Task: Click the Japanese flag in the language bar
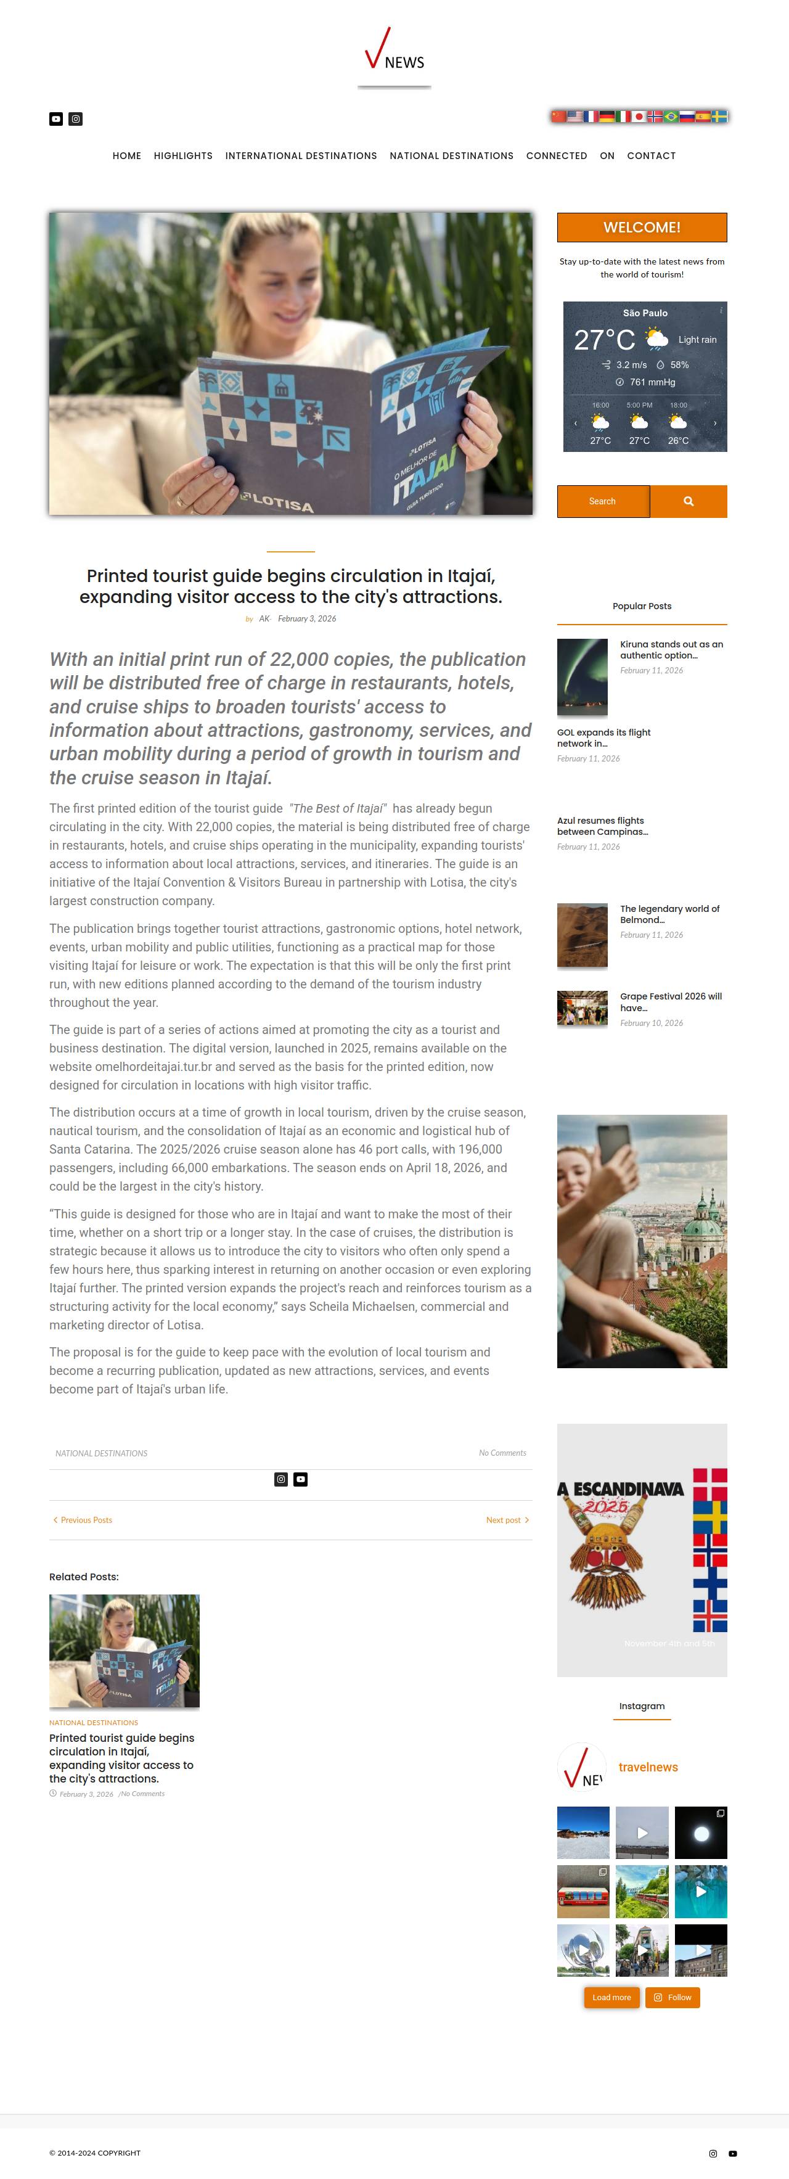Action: click(639, 117)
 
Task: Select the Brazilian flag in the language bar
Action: click(671, 117)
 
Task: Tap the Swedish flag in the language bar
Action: click(720, 117)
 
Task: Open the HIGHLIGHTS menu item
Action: click(182, 155)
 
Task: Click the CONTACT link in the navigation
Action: click(651, 155)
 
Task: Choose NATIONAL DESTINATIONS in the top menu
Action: click(452, 155)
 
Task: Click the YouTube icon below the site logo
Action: click(56, 119)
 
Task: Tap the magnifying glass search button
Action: click(689, 502)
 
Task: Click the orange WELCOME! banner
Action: click(642, 228)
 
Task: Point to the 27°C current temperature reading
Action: click(604, 340)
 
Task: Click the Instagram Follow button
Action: click(672, 1997)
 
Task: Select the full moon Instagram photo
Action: click(700, 1833)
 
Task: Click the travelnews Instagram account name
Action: click(648, 1767)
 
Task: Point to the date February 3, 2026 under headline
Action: click(307, 619)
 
